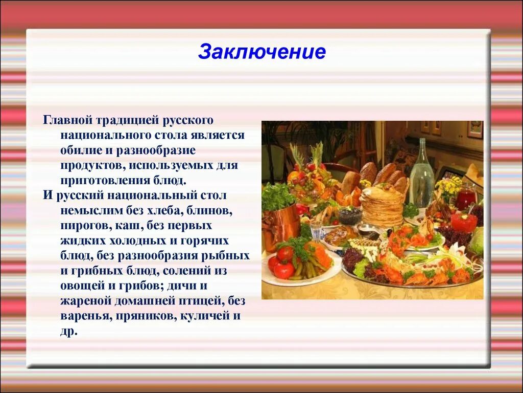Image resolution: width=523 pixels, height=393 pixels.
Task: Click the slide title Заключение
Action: (261, 52)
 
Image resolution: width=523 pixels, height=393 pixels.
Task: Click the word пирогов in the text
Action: (80, 226)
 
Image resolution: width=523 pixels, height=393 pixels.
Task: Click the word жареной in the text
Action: (82, 301)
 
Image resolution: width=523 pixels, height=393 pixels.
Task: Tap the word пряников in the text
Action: (145, 316)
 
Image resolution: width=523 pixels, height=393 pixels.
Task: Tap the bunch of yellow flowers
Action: (448, 187)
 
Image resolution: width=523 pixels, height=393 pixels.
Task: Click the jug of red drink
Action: (466, 197)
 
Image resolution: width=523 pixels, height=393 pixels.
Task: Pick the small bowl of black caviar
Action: (350, 215)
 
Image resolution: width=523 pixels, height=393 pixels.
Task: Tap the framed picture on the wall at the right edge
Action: (475, 129)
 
